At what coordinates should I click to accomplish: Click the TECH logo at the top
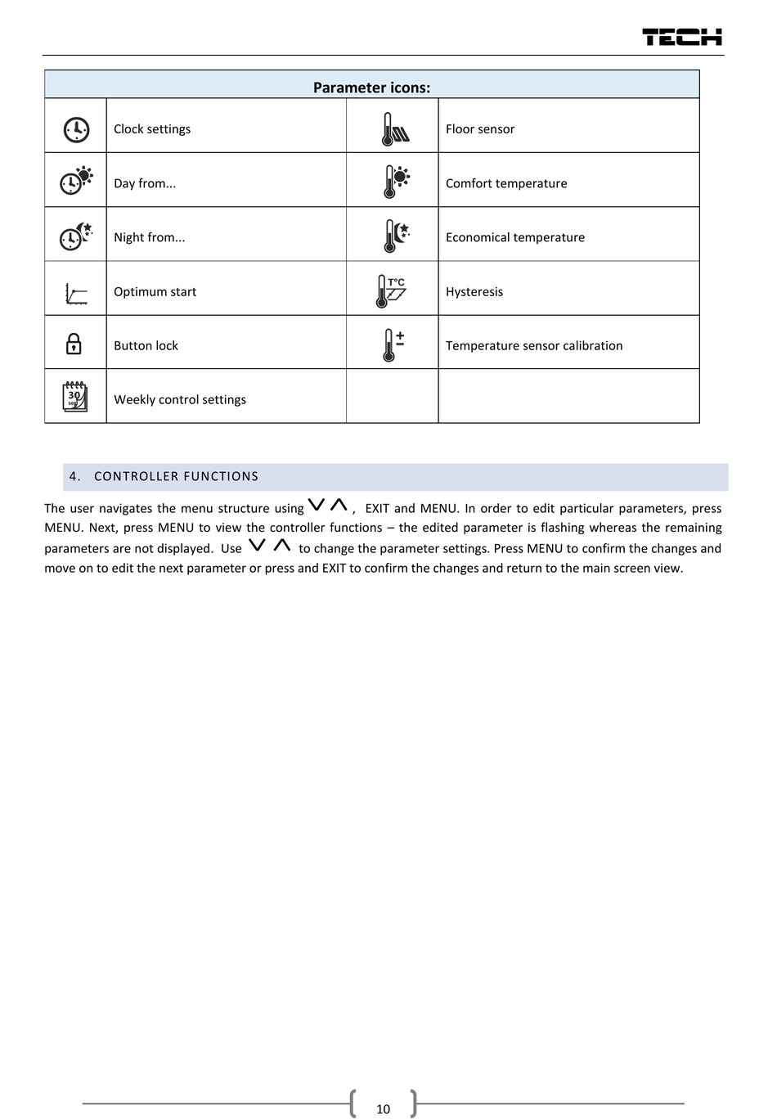point(682,37)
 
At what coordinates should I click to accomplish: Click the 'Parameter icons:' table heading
point(371,88)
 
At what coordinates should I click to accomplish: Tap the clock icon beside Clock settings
point(76,129)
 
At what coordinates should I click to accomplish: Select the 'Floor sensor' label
point(480,129)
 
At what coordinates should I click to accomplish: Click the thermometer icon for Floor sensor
point(394,129)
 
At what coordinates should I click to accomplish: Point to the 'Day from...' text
point(145,183)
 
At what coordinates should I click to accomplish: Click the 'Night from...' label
point(149,237)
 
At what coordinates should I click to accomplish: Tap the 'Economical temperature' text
point(515,237)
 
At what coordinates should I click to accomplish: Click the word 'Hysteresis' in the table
point(474,292)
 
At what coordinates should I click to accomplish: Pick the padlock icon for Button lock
point(74,344)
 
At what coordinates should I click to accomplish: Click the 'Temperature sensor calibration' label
point(534,346)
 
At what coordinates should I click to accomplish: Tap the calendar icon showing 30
point(75,397)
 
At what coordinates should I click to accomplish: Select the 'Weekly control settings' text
point(180,400)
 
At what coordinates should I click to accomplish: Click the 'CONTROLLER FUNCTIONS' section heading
point(176,476)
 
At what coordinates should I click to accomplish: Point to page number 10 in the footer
point(384,1109)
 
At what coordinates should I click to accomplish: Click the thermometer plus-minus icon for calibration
point(393,345)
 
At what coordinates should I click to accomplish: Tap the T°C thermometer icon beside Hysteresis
point(391,291)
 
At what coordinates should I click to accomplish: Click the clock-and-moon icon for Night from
point(76,236)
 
